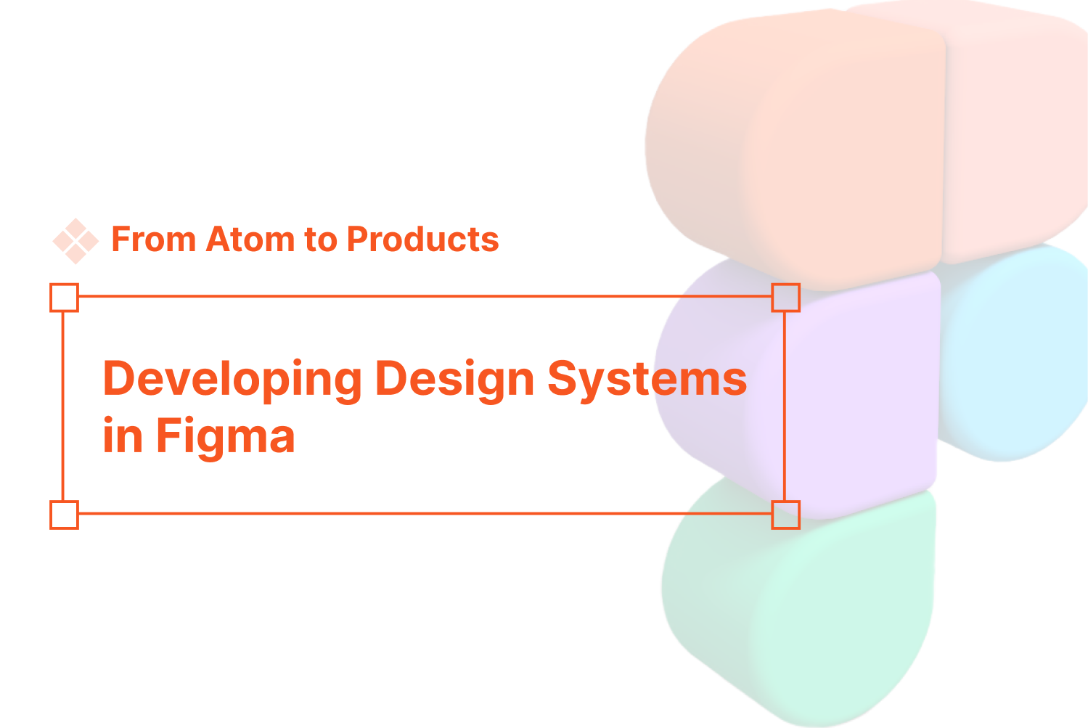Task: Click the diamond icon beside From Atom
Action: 75,240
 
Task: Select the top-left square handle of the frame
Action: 64,298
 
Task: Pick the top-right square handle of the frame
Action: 785,298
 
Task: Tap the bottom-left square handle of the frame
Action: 64,515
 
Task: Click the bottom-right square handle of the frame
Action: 785,515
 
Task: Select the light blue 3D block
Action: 1016,356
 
